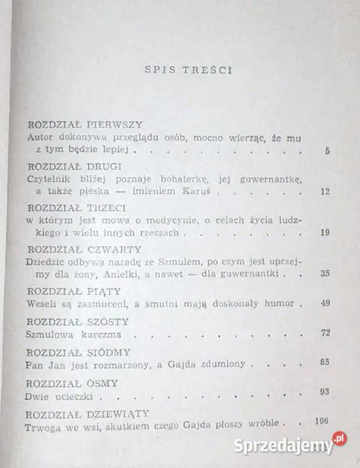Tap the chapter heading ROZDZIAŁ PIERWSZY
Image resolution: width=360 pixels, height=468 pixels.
point(90,124)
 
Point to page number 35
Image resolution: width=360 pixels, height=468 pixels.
point(326,273)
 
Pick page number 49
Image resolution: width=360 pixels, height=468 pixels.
point(326,303)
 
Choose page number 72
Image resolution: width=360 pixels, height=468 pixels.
point(326,332)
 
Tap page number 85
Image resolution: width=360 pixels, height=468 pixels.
point(326,362)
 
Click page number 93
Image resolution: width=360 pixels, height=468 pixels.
point(326,392)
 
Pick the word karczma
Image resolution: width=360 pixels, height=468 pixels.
point(96,334)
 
